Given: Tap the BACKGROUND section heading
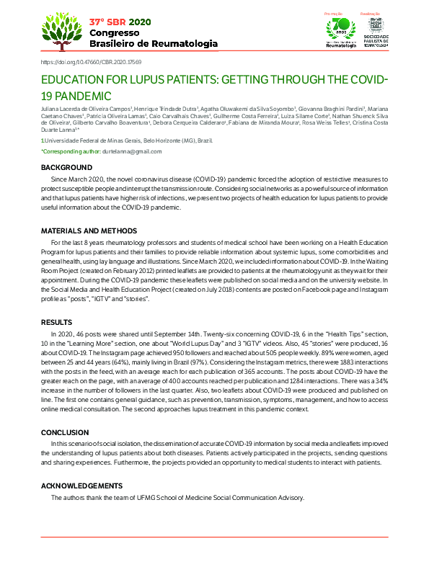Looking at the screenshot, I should click(x=66, y=167).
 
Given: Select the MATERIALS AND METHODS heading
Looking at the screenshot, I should click(x=89, y=231).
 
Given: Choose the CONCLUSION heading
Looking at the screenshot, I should click(x=65, y=432).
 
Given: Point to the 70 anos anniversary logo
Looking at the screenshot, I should click(x=341, y=31).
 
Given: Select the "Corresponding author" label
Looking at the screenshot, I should click(x=71, y=151).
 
